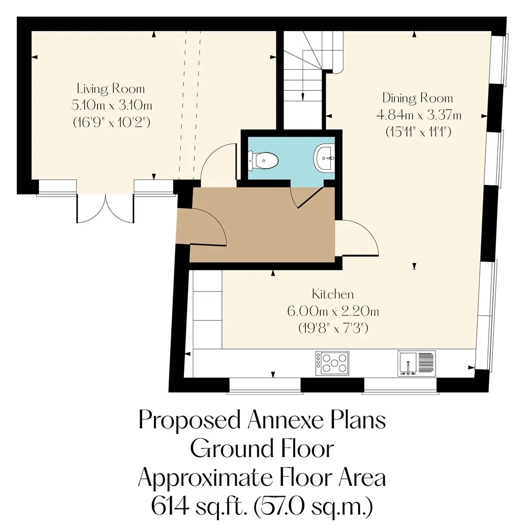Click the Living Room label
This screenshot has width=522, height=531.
(x=111, y=88)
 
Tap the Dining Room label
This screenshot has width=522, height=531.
(x=418, y=98)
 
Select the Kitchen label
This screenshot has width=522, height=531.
(x=333, y=294)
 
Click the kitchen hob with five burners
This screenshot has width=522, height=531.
(x=332, y=363)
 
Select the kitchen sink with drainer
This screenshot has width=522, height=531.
(x=417, y=363)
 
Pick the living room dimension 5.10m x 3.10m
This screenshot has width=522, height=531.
(x=112, y=105)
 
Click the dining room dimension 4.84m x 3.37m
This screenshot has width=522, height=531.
(x=419, y=115)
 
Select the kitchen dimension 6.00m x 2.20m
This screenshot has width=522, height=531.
(x=333, y=311)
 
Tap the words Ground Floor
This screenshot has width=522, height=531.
(x=262, y=449)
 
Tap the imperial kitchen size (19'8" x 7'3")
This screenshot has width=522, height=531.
(x=333, y=328)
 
